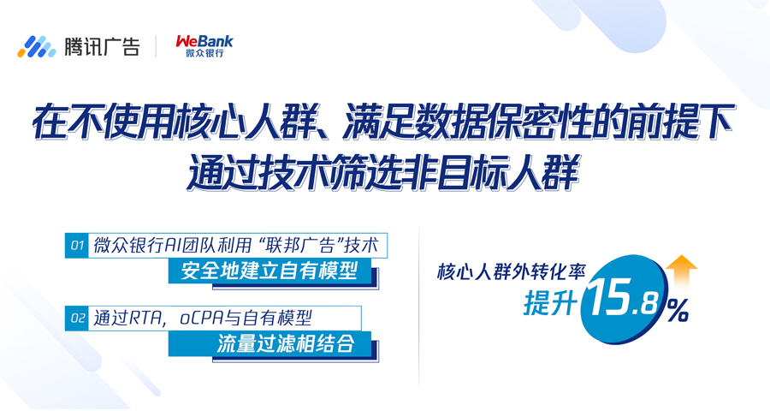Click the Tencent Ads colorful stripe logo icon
pyautogui.click(x=36, y=47)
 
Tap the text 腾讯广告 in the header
pyautogui.click(x=102, y=47)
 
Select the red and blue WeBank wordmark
pyautogui.click(x=204, y=41)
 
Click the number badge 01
pyautogui.click(x=77, y=246)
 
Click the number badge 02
pyautogui.click(x=77, y=318)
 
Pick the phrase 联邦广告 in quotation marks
pyautogui.click(x=300, y=246)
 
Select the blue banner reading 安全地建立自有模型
pyautogui.click(x=269, y=271)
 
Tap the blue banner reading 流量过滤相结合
pyautogui.click(x=269, y=343)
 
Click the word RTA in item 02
pyautogui.click(x=147, y=319)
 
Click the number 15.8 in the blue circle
pyautogui.click(x=623, y=300)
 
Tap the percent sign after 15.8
pyautogui.click(x=678, y=310)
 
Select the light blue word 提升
pyautogui.click(x=550, y=302)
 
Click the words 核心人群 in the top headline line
pyautogui.click(x=244, y=122)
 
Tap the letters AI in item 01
pyautogui.click(x=174, y=246)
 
